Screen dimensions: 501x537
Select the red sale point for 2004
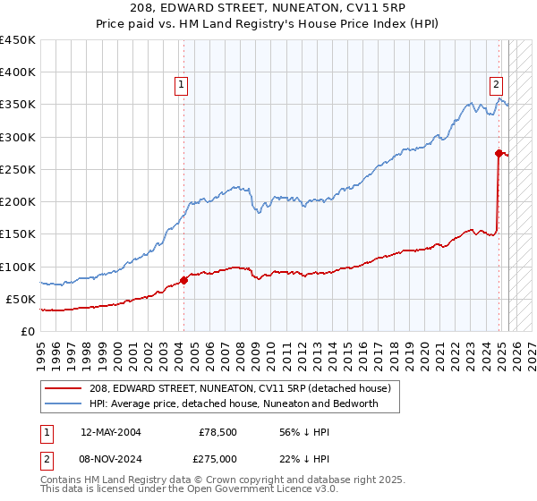click(x=183, y=280)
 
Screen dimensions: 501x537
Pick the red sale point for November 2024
click(x=499, y=153)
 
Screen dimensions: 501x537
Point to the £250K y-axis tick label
click(x=17, y=169)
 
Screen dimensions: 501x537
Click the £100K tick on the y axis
click(x=17, y=267)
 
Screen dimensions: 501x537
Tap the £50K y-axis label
click(x=21, y=299)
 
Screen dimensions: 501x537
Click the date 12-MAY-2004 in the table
click(x=110, y=432)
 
